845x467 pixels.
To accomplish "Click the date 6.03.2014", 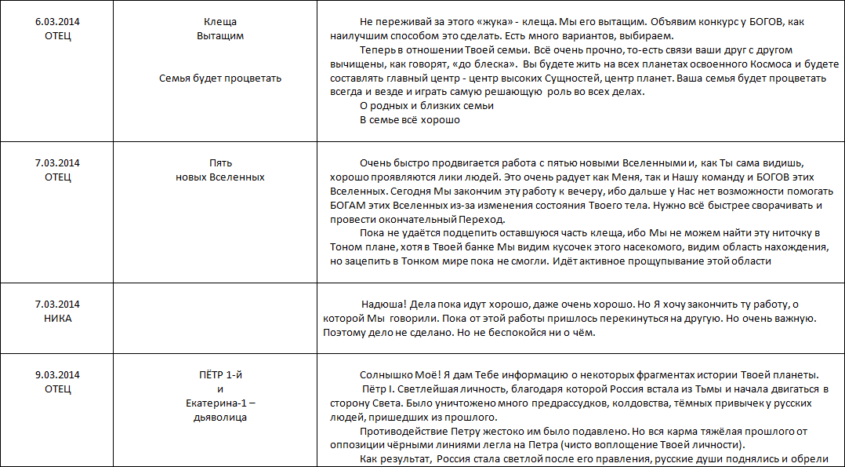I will click(58, 21).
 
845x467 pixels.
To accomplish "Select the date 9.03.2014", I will click(58, 374).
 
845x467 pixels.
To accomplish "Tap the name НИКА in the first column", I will click(58, 319).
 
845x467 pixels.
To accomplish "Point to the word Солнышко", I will click(386, 374).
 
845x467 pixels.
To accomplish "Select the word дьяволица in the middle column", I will click(219, 418).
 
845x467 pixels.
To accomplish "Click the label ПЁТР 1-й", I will click(219, 374).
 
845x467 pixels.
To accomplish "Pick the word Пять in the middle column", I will click(219, 162).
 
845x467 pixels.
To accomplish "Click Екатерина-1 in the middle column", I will click(219, 403).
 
